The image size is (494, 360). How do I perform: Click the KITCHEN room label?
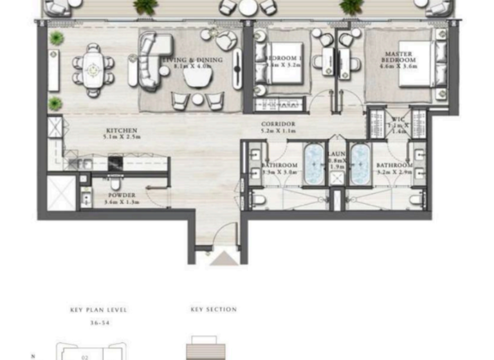[122, 130]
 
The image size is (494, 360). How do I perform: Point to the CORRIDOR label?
[278, 123]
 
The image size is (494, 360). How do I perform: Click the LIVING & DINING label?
[192, 60]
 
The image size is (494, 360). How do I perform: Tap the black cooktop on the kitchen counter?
[115, 163]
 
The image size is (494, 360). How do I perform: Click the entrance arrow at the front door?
[223, 258]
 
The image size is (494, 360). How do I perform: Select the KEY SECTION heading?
[214, 310]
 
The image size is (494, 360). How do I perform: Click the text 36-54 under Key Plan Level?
[98, 323]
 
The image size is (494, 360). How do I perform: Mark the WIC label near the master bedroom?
[397, 119]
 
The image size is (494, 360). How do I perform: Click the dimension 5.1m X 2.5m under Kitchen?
[122, 138]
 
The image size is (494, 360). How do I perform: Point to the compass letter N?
[33, 354]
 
